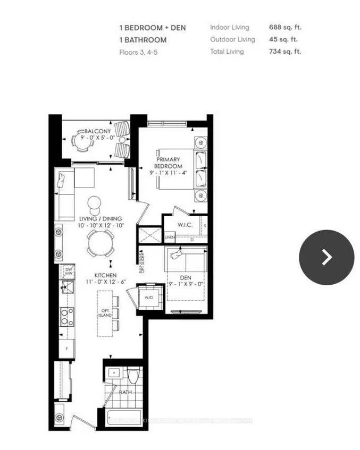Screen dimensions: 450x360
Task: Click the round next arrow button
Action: click(x=326, y=257)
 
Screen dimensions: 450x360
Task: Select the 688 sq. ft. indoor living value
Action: click(x=289, y=27)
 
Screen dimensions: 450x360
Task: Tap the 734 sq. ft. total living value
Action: click(x=289, y=52)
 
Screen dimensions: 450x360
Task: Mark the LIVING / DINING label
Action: click(x=101, y=218)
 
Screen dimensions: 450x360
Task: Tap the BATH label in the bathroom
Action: click(x=125, y=393)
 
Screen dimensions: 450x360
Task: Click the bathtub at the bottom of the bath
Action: click(x=124, y=418)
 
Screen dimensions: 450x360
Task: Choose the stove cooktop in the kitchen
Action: click(x=67, y=317)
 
